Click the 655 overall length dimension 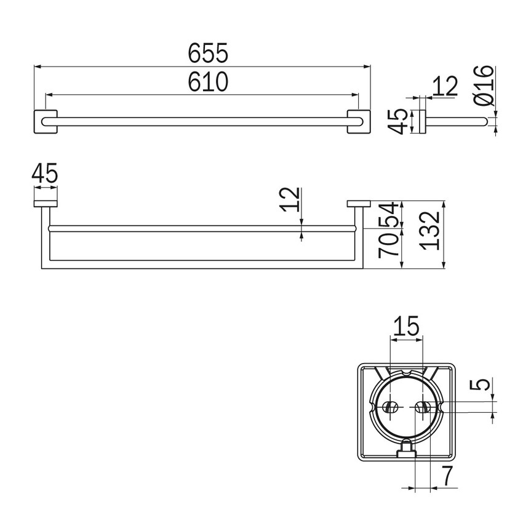208,54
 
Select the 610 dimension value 208,82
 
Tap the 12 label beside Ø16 444,87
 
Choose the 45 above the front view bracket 45,174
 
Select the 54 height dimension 388,215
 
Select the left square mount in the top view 45,122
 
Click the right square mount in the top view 359,122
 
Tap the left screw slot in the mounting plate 389,407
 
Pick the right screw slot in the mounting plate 421,407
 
